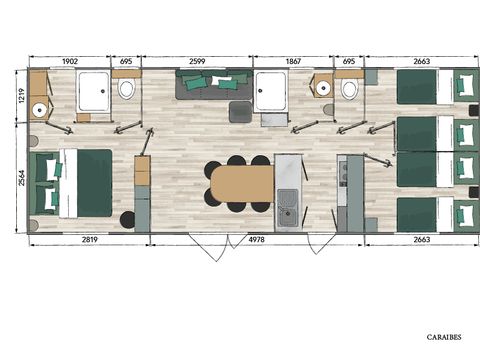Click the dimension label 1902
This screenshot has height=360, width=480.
[69, 61]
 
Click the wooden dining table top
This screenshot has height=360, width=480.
[240, 183]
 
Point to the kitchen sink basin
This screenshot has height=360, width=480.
[287, 197]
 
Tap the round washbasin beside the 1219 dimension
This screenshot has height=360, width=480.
[39, 110]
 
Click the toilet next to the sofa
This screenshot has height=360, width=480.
[126, 90]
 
